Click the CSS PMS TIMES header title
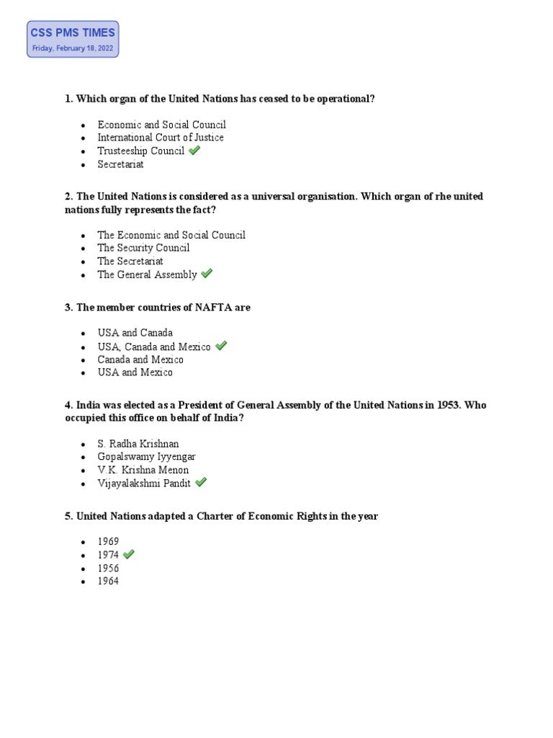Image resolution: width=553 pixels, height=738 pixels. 73,32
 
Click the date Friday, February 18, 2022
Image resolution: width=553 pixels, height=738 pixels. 73,49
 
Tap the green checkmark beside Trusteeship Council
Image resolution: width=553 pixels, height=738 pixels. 194,151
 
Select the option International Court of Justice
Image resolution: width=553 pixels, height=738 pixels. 161,138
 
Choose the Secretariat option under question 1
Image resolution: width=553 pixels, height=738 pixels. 121,164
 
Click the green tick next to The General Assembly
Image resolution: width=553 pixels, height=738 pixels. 207,274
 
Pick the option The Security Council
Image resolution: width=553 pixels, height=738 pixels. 144,248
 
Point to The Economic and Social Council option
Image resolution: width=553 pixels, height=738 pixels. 171,235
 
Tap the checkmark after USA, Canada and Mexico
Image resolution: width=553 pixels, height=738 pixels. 221,346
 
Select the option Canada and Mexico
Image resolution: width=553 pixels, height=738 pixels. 140,360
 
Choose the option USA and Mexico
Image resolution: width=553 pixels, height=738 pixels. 135,373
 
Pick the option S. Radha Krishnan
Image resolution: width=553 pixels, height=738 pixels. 138,444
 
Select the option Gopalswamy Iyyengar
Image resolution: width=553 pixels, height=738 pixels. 147,457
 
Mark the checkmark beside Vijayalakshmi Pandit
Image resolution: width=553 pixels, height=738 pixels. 201,483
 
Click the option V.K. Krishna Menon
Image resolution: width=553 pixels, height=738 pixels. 143,470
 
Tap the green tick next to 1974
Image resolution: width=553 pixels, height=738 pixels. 129,554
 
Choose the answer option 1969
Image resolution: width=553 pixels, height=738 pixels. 109,542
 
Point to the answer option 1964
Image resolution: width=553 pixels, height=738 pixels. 109,581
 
